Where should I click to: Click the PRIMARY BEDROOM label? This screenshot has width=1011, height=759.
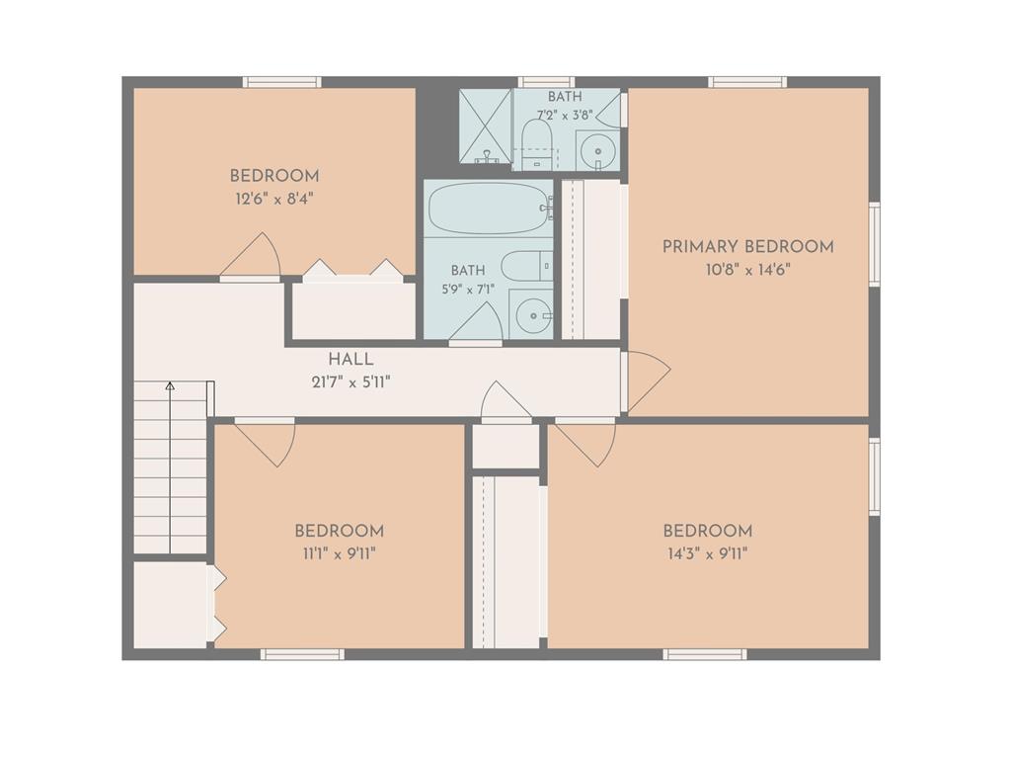click(748, 246)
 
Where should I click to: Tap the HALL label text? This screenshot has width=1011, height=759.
click(350, 360)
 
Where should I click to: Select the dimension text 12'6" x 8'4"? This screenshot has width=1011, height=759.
click(274, 198)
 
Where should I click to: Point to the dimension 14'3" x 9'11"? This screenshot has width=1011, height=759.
click(707, 553)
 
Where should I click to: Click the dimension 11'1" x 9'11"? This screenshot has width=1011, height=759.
click(339, 553)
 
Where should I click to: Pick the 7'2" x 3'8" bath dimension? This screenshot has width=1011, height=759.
click(565, 116)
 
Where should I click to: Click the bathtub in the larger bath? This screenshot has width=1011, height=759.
click(490, 208)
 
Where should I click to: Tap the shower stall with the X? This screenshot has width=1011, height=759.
click(485, 126)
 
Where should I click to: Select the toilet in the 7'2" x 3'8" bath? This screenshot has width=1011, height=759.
click(534, 144)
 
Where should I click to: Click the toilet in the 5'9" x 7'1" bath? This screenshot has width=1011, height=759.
click(527, 266)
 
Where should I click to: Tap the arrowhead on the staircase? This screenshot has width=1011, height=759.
click(170, 386)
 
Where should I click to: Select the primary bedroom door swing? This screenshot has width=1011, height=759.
click(646, 381)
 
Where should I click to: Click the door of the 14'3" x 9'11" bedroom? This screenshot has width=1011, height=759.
click(586, 443)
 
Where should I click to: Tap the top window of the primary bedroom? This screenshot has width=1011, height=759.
click(748, 82)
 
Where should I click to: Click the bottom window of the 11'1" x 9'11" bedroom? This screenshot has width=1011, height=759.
click(302, 654)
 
